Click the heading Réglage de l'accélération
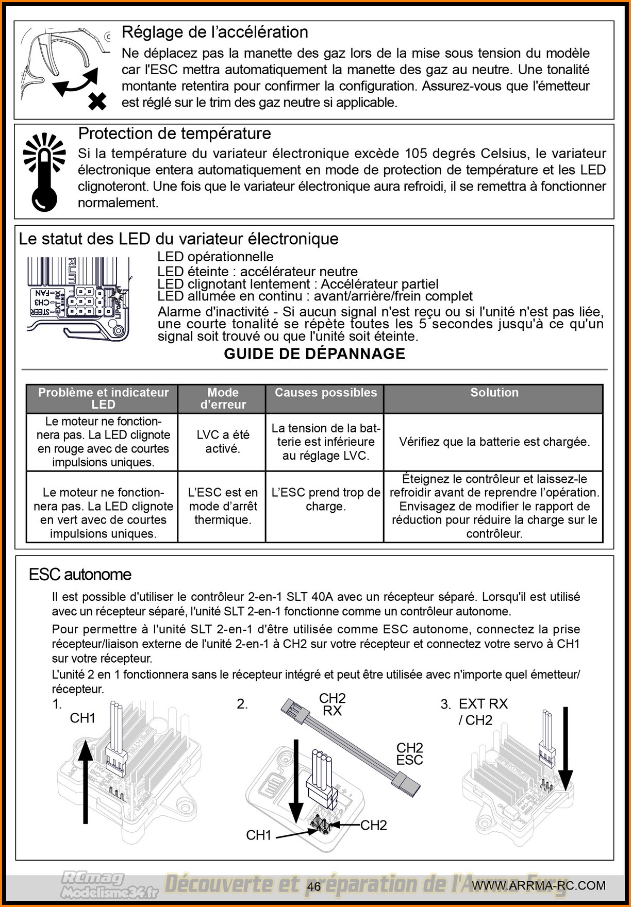(214, 32)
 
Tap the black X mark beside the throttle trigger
(97, 101)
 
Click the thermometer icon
(44, 173)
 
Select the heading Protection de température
(174, 134)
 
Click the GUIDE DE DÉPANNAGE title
(314, 354)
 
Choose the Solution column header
(494, 393)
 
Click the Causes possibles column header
(326, 393)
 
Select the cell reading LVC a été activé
(223, 442)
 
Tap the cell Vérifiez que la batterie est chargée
(494, 442)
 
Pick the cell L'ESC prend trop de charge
(326, 499)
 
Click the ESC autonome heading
(80, 575)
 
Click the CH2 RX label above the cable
(333, 704)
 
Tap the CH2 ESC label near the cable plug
(409, 753)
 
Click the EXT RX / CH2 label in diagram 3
(483, 712)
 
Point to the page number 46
(314, 886)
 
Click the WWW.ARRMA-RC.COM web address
(539, 885)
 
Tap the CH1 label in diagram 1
(82, 718)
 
